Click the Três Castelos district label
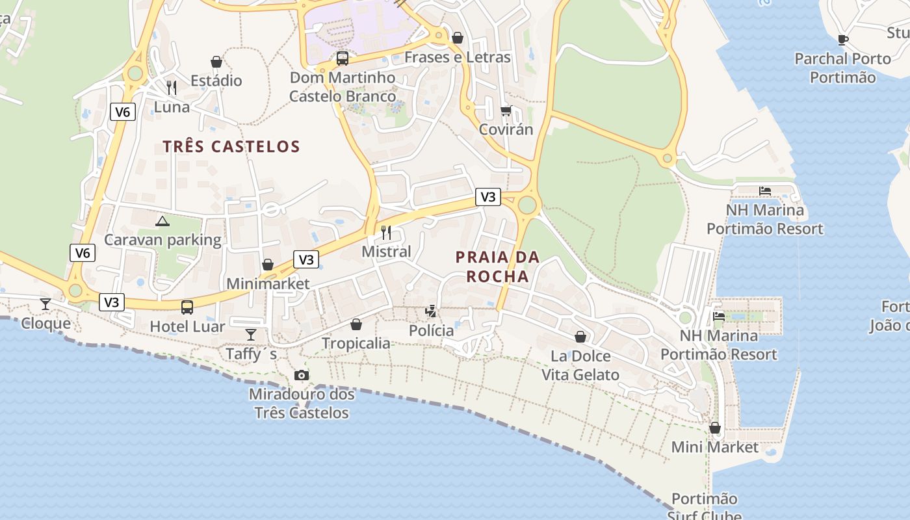point(231,146)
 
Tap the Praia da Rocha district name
point(498,266)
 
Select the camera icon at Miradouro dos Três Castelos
point(302,375)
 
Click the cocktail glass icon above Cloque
point(45,304)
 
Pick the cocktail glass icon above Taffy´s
point(251,334)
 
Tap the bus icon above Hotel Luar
point(187,307)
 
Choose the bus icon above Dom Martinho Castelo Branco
point(343,58)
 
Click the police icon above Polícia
point(431,311)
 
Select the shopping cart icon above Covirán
point(506,110)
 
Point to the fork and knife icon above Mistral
point(386,232)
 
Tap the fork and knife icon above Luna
point(172,87)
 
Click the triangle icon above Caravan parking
point(162,221)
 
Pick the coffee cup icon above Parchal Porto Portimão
point(843,40)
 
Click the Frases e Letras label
point(458,57)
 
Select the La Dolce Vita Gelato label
point(580,365)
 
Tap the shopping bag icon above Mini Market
point(715,428)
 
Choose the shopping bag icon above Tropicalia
point(356,324)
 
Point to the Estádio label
point(216,81)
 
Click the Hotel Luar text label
point(187,326)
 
